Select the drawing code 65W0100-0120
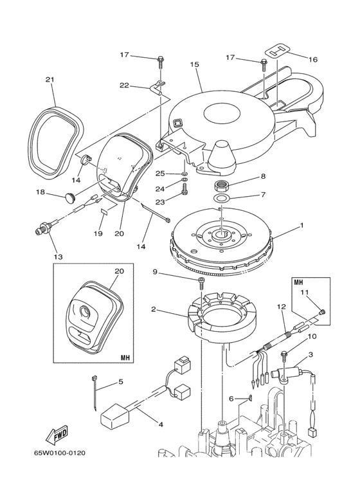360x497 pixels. pyautogui.click(x=60, y=453)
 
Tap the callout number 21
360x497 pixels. pyautogui.click(x=50, y=79)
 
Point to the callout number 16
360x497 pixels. pyautogui.click(x=313, y=59)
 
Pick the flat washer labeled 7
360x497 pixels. pyautogui.click(x=221, y=199)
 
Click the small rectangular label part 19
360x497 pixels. pyautogui.click(x=105, y=212)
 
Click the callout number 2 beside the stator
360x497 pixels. pyautogui.click(x=154, y=309)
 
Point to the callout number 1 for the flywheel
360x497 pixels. pyautogui.click(x=301, y=226)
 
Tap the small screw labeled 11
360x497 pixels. pyautogui.click(x=321, y=312)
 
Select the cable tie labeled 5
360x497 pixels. pyautogui.click(x=94, y=392)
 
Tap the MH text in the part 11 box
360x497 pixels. pyautogui.click(x=298, y=282)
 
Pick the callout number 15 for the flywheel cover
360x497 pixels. pyautogui.click(x=195, y=64)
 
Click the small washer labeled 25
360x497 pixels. pyautogui.click(x=184, y=174)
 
